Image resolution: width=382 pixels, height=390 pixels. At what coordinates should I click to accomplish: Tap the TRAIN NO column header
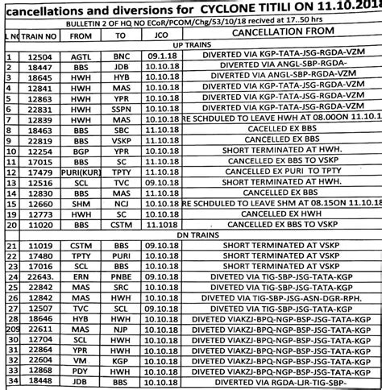coord(39,35)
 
